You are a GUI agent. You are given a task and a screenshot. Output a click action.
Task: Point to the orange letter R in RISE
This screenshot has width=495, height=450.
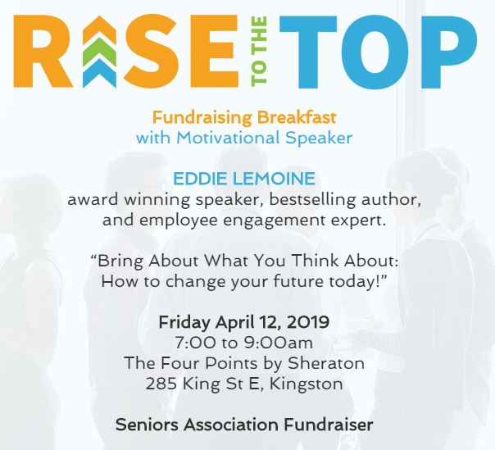pyautogui.click(x=43, y=52)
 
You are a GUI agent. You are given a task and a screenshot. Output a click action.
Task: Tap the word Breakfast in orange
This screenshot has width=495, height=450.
pyautogui.click(x=297, y=117)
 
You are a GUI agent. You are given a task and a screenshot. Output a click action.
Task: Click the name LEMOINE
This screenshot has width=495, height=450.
pyautogui.click(x=274, y=179)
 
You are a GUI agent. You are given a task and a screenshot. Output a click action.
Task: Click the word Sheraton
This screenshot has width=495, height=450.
pyautogui.click(x=326, y=363)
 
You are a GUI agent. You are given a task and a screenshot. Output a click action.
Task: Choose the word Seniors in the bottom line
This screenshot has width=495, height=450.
pyautogui.click(x=148, y=425)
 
